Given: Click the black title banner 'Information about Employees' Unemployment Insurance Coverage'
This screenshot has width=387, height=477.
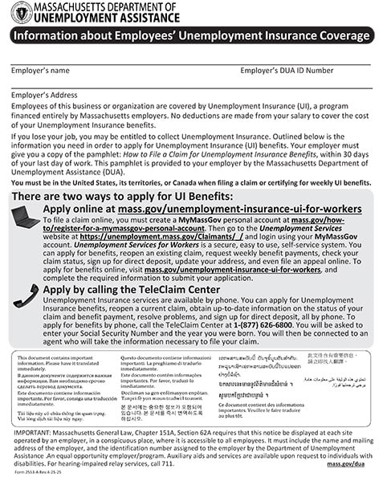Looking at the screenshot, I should point(193,37).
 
